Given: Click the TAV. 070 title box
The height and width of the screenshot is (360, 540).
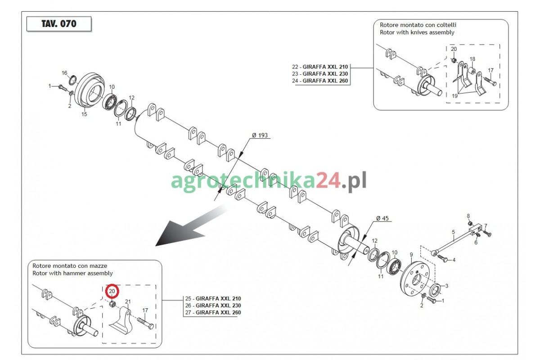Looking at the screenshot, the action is point(59,24).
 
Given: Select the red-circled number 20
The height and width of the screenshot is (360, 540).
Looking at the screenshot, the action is point(112,291).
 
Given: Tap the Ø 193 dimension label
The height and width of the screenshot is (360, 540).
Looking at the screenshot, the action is point(260,135).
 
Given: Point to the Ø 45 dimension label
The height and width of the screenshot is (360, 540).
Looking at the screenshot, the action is point(382,218).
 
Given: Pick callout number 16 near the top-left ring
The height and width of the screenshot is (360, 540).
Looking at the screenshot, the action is point(64,73).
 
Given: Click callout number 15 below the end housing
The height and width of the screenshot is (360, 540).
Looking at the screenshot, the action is point(84,114).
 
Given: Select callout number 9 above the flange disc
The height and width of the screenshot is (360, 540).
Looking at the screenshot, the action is point(411,254).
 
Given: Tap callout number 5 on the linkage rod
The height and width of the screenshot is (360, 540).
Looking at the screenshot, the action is point(454,232).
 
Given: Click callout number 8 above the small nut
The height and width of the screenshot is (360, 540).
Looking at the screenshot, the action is point(468,216).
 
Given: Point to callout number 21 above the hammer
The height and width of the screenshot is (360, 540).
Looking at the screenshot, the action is point(128,301).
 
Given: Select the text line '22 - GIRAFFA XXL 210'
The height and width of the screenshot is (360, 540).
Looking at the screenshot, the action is point(320,67).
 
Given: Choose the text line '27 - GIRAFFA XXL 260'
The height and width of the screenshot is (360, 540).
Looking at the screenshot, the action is point(213,312).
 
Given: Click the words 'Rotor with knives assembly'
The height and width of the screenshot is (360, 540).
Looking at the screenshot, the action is point(417,32).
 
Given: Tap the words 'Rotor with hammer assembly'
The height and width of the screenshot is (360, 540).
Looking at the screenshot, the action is point(72,273).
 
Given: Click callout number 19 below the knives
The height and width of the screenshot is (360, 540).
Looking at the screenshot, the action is point(454,96).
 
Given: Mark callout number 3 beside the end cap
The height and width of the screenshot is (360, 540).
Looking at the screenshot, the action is point(447,286).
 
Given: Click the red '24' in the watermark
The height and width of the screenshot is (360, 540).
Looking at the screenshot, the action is point(328,180).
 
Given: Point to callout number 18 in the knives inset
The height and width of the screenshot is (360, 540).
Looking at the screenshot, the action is point(472,59).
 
